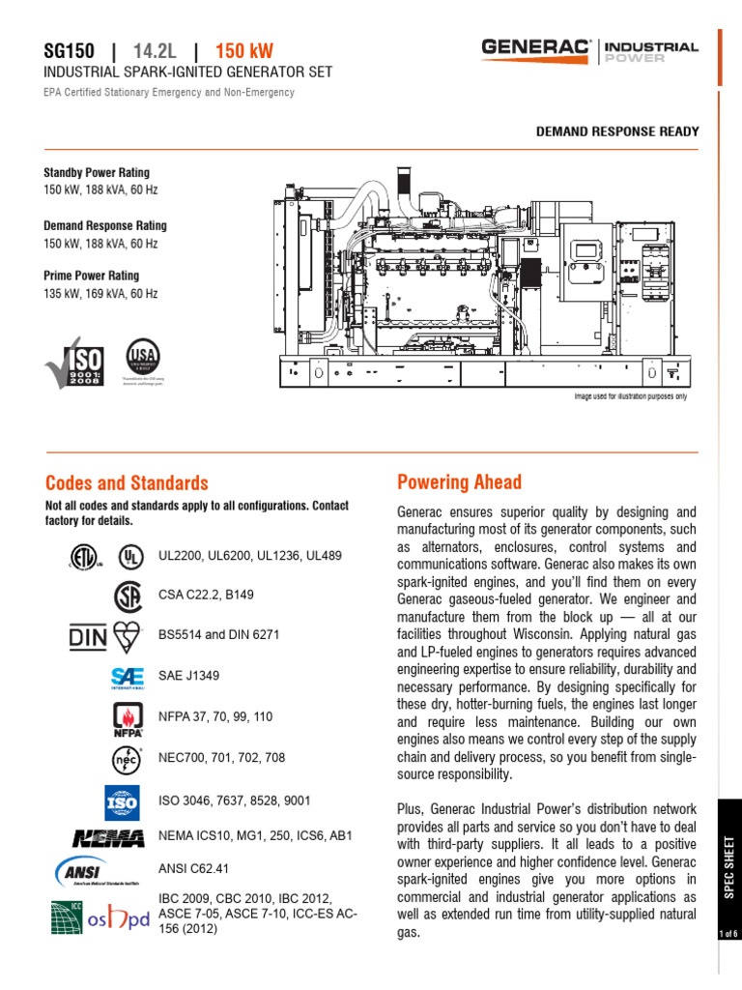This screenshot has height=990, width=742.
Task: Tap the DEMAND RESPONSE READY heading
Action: point(617,131)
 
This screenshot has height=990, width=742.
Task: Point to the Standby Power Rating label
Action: point(97,172)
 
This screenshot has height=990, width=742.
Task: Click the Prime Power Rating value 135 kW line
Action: point(100,293)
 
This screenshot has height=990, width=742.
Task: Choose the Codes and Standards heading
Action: point(127,482)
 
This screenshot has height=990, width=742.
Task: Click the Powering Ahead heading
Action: point(459,481)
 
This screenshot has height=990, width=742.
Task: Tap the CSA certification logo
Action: point(128,595)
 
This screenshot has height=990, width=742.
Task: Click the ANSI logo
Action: point(84,871)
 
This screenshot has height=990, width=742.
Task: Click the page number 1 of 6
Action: point(728,933)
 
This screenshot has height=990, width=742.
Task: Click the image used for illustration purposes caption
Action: point(630,396)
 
